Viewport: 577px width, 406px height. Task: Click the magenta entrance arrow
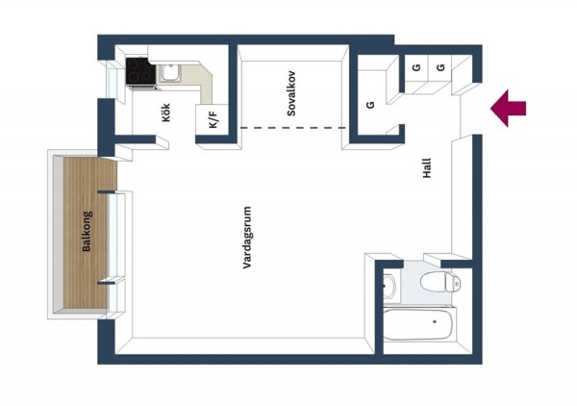[508, 109]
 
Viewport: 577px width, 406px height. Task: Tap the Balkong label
[87, 231]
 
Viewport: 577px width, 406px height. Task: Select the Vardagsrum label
[247, 238]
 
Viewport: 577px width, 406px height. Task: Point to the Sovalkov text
[291, 93]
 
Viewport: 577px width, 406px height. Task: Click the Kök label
[166, 113]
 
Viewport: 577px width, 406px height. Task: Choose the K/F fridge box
[213, 119]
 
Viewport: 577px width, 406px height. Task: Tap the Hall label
[427, 168]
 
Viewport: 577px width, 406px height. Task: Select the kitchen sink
[169, 73]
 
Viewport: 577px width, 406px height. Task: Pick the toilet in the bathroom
[440, 283]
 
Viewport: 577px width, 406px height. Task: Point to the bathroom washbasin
[389, 286]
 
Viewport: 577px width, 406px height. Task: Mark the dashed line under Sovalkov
[293, 128]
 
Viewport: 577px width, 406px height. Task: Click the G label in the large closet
[370, 105]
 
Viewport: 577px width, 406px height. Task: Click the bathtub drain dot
[435, 321]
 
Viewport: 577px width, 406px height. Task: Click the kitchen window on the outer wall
[111, 79]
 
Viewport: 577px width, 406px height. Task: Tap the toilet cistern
[453, 283]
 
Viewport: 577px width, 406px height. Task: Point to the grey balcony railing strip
[58, 234]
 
